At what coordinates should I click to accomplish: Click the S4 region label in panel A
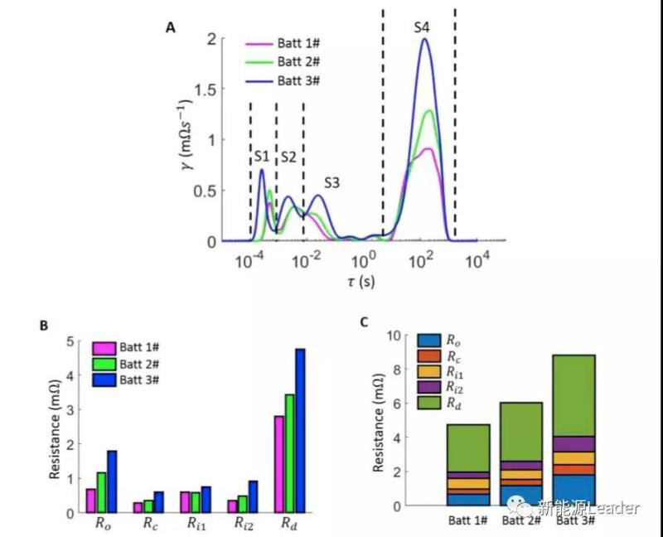(422, 28)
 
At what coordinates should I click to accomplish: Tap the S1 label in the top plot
(261, 156)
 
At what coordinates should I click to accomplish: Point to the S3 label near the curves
(332, 182)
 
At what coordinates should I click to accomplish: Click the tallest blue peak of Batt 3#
(426, 40)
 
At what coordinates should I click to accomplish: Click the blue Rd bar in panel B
(299, 430)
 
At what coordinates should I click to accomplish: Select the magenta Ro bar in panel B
(91, 501)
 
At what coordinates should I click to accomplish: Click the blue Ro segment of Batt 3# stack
(573, 490)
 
